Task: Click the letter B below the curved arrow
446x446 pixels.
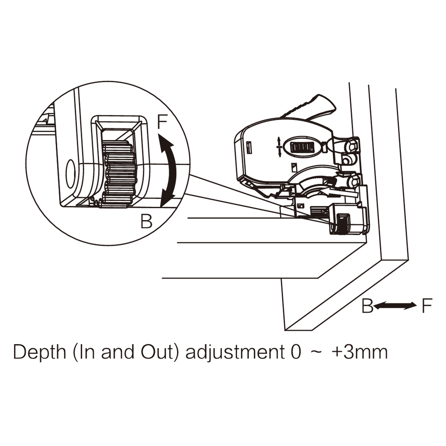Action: (146, 222)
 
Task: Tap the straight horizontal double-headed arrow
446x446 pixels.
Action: (395, 306)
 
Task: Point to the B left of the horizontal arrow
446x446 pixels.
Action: (367, 306)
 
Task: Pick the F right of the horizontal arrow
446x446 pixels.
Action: (427, 306)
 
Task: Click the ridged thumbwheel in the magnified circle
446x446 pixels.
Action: (117, 174)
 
